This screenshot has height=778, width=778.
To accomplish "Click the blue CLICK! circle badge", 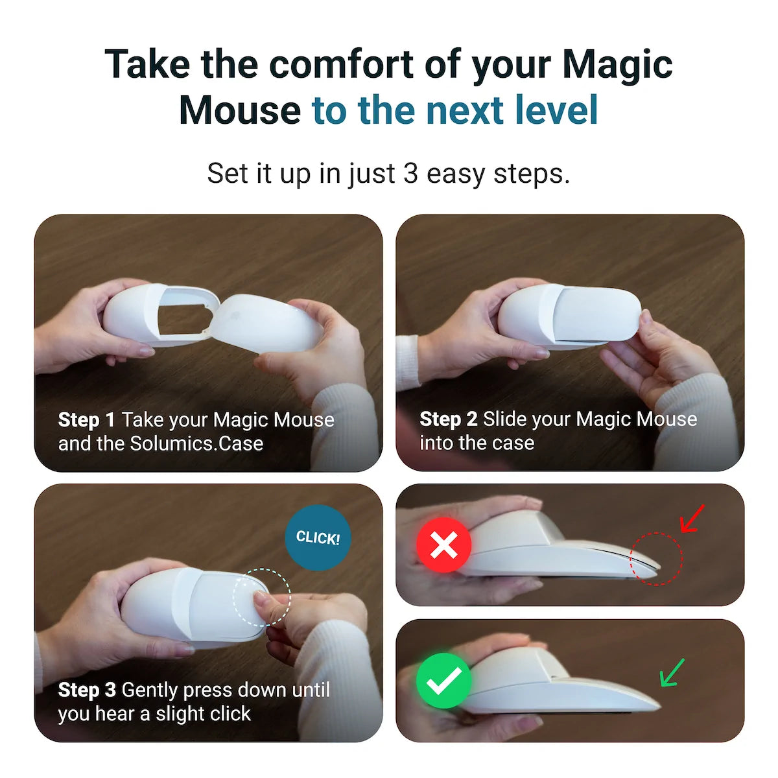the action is click(x=318, y=537).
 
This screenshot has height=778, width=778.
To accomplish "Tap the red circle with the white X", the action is click(x=443, y=545).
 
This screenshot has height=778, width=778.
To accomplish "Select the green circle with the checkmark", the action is click(x=443, y=681).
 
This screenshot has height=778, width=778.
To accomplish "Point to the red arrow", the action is click(x=692, y=519).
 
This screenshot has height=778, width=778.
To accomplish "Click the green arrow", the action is click(x=672, y=672).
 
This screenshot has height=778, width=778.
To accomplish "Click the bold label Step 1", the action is click(x=86, y=420).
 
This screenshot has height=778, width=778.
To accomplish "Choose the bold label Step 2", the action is click(x=448, y=419).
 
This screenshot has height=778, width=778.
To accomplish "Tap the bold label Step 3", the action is click(x=87, y=690).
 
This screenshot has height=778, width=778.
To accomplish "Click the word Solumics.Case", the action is click(x=196, y=443).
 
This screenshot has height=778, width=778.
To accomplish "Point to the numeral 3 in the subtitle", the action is click(x=410, y=174).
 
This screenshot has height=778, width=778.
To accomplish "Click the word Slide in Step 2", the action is click(x=505, y=419).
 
